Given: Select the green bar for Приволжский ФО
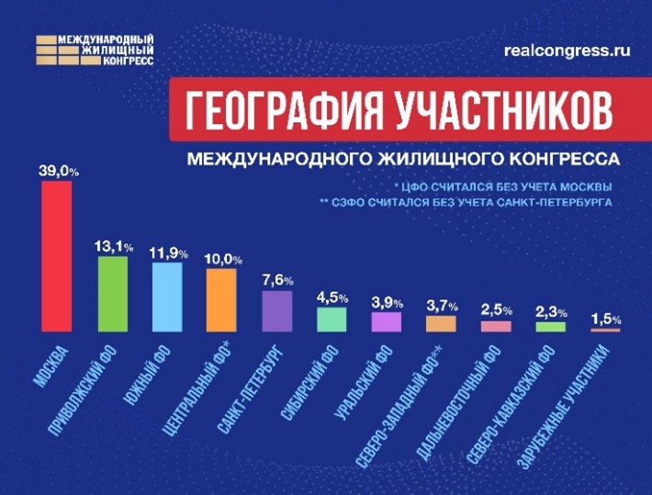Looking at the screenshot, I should (113, 293).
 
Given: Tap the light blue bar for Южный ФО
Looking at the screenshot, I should (167, 297).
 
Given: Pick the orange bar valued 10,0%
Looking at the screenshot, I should (221, 299).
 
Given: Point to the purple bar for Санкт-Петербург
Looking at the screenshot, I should (276, 310).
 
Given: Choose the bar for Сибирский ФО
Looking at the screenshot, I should (332, 319).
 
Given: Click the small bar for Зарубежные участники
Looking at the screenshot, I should (605, 329).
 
